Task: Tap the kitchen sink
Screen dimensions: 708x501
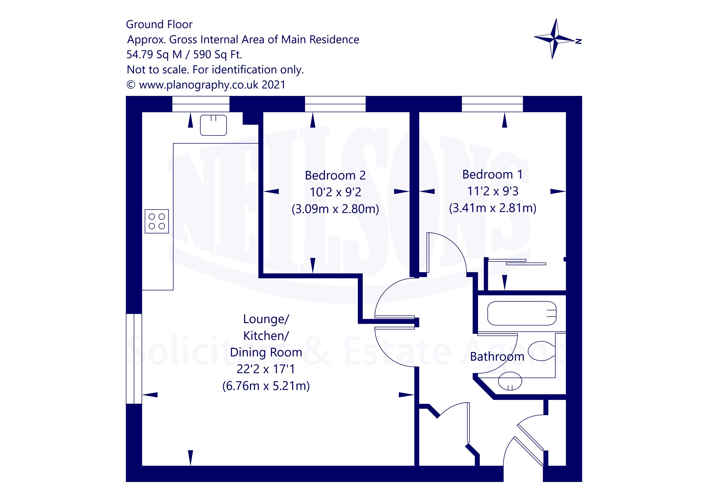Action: click(213, 125)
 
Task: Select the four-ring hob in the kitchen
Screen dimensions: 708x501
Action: click(157, 221)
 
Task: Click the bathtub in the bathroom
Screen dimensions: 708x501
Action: click(522, 313)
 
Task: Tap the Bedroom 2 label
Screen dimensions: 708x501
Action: click(335, 175)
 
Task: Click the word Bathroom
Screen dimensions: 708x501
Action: click(497, 357)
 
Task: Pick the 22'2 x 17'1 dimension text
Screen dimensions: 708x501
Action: click(266, 369)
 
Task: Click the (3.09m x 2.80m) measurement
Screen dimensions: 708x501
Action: click(335, 209)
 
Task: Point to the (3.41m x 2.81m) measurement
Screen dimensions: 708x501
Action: click(492, 208)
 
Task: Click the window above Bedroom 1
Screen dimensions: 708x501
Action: click(492, 104)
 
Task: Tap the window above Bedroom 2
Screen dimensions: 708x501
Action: click(335, 104)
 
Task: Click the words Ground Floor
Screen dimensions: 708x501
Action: click(159, 24)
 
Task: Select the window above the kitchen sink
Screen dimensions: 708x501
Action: click(201, 104)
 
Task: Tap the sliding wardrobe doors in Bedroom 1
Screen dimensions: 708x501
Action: click(516, 262)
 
